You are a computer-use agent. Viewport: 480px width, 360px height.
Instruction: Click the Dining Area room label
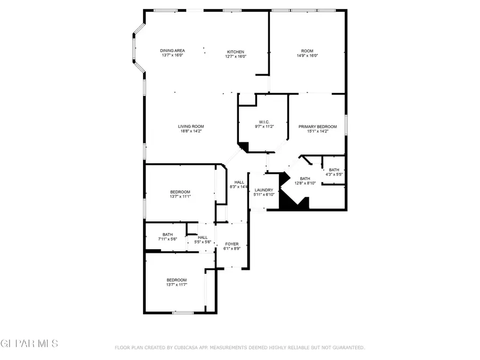[172, 51]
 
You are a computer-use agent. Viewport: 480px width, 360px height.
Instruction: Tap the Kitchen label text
[235, 52]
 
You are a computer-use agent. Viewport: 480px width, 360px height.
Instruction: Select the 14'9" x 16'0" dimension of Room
[307, 56]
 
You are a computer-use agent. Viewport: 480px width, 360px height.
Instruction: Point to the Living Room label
[190, 126]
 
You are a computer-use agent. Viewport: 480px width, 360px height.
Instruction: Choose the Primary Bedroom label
[317, 126]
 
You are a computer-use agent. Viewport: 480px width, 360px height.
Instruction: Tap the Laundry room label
[264, 190]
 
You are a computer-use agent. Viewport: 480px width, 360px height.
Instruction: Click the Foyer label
[231, 244]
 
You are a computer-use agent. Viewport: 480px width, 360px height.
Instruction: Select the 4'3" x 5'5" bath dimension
[334, 174]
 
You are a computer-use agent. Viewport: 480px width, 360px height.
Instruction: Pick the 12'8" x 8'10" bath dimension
[305, 183]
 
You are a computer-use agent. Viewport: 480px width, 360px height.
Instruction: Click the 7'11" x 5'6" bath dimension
[167, 239]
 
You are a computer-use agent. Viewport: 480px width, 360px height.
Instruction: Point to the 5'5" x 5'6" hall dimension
[203, 242]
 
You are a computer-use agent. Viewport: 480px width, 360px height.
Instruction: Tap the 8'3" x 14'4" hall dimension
[239, 187]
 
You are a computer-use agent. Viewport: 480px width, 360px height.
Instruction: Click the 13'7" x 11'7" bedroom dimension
[176, 285]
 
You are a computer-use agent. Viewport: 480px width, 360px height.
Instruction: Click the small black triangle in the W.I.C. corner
[244, 147]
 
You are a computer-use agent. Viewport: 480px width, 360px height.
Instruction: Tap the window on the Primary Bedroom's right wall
[346, 124]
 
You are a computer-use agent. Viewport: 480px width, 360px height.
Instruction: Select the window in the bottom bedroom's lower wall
[182, 313]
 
